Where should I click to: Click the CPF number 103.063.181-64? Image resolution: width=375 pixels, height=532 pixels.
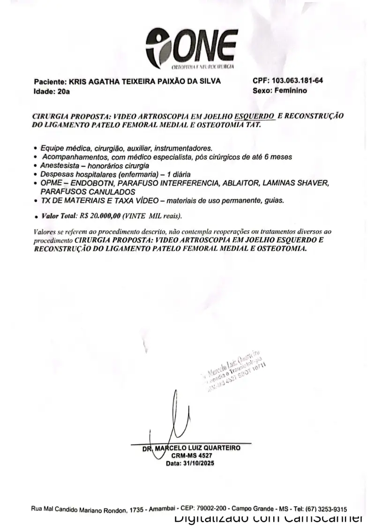pyautogui.click(x=298, y=80)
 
